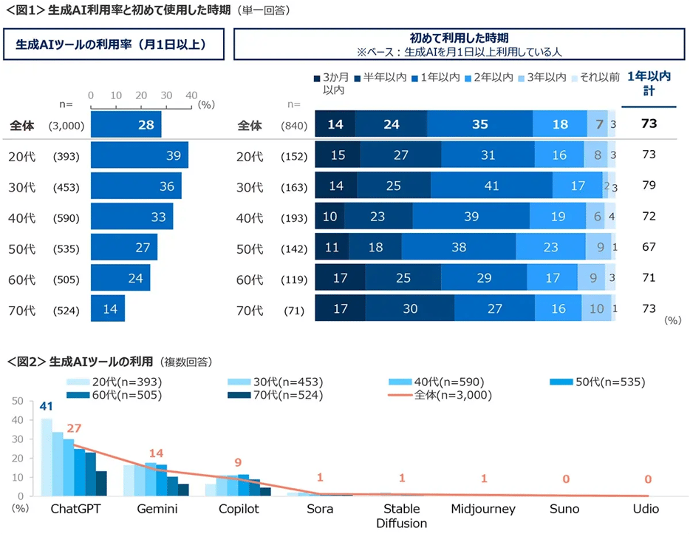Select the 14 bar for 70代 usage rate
(x=108, y=308)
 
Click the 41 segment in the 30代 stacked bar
(x=491, y=186)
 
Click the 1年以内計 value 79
(x=649, y=186)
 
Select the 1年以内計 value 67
(x=649, y=247)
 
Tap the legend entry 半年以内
(x=380, y=77)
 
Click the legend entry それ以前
(x=595, y=77)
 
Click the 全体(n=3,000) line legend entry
(x=440, y=395)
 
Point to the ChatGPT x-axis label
(x=76, y=509)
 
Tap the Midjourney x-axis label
(x=483, y=509)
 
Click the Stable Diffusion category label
(x=401, y=516)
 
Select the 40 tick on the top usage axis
(x=191, y=95)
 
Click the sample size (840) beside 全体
(x=294, y=125)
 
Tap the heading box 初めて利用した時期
(x=459, y=44)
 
